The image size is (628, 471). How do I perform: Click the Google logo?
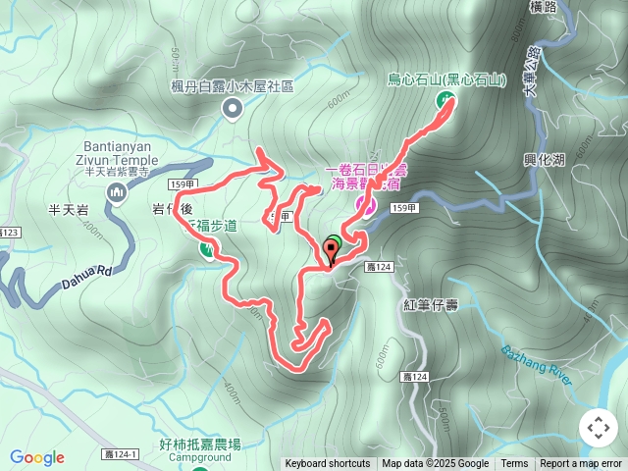pyautogui.click(x=37, y=457)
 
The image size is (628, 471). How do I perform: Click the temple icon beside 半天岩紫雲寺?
pyautogui.click(x=118, y=192)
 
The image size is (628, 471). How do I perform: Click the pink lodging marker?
pyautogui.click(x=365, y=205)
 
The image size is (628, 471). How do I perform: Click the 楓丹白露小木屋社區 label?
pyautogui.click(x=233, y=86)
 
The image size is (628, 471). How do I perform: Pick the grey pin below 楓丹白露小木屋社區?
pyautogui.click(x=233, y=109)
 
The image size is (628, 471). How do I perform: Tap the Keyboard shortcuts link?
pyautogui.click(x=328, y=464)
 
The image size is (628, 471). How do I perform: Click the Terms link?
pyautogui.click(x=514, y=464)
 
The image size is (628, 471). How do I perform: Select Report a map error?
pyautogui.click(x=580, y=464)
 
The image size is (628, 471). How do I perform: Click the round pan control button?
pyautogui.click(x=598, y=428)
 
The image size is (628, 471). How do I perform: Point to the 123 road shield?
pyautogui.click(x=9, y=233)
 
